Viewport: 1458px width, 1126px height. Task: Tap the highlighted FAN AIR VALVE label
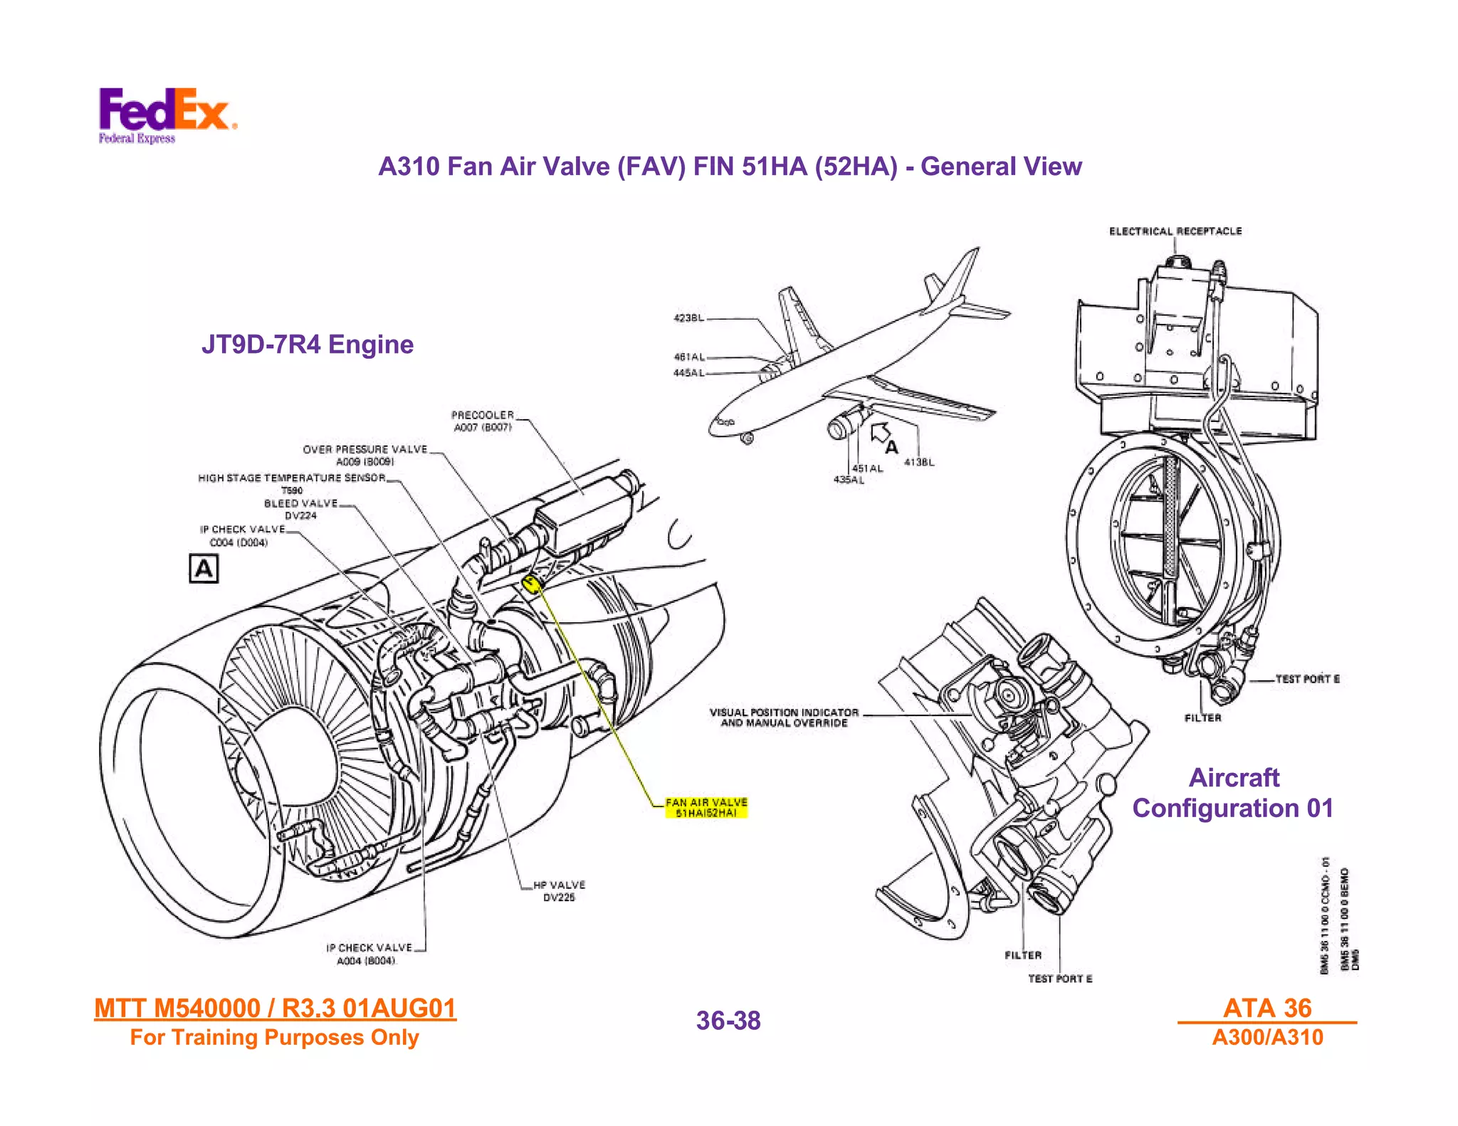pyautogui.click(x=706, y=807)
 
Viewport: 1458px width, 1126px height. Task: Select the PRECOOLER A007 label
pyautogui.click(x=483, y=421)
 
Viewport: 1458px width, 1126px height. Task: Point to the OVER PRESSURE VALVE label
pyautogui.click(x=365, y=455)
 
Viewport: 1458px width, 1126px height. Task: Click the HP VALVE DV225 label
pyautogui.click(x=559, y=890)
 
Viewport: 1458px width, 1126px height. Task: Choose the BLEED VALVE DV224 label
pyautogui.click(x=300, y=509)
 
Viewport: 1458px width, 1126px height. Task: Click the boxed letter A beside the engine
pyautogui.click(x=204, y=569)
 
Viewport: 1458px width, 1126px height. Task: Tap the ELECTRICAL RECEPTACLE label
pyautogui.click(x=1175, y=231)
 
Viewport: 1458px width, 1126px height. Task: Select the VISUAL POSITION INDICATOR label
pyautogui.click(x=784, y=717)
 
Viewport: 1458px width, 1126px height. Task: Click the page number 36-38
pyautogui.click(x=728, y=1020)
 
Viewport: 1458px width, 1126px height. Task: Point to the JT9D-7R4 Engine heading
pyautogui.click(x=308, y=344)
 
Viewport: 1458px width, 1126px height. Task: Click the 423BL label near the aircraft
pyautogui.click(x=688, y=317)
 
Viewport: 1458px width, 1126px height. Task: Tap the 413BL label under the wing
pyautogui.click(x=919, y=462)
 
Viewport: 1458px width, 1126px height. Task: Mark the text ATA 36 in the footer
pyautogui.click(x=1266, y=1007)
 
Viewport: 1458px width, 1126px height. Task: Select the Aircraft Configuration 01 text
pyautogui.click(x=1233, y=793)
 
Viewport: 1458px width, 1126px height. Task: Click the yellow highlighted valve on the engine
pyautogui.click(x=531, y=584)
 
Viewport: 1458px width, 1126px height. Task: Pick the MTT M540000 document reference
pyautogui.click(x=275, y=1008)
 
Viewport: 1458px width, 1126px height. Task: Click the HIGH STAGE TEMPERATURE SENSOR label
pyautogui.click(x=292, y=478)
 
